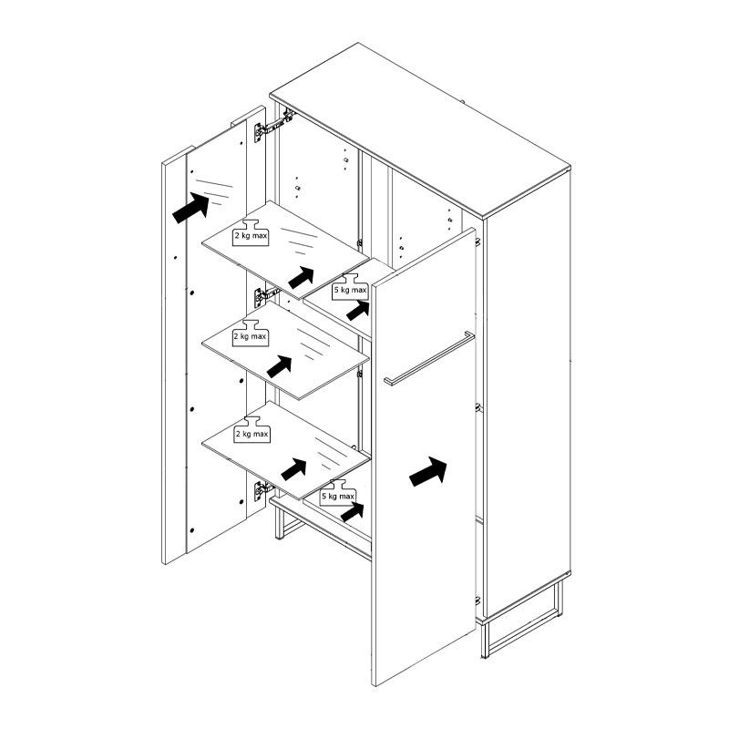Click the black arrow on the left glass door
click(191, 208)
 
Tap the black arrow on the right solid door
click(428, 471)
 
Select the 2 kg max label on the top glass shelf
click(251, 232)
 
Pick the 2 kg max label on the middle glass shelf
click(250, 333)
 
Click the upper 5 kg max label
click(350, 287)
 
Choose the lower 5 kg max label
click(338, 493)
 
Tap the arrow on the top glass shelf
click(302, 278)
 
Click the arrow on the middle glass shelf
click(280, 367)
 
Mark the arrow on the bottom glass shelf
click(293, 469)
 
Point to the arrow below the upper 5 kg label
click(358, 311)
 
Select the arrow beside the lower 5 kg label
click(353, 512)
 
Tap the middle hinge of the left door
click(266, 296)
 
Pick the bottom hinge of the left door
click(263, 490)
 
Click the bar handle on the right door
click(428, 358)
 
